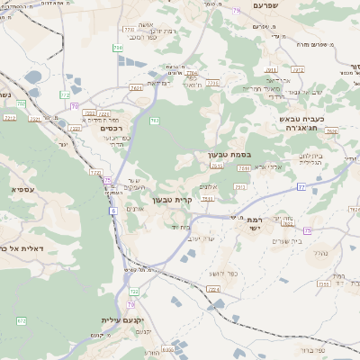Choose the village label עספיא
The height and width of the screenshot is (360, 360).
24,189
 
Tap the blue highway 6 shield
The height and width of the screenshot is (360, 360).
114,211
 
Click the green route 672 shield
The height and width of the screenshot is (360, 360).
22,319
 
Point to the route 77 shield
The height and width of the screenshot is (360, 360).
301,186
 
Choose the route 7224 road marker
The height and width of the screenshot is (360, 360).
212,289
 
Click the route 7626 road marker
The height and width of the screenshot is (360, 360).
331,131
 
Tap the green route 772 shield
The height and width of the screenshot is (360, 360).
65,94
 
